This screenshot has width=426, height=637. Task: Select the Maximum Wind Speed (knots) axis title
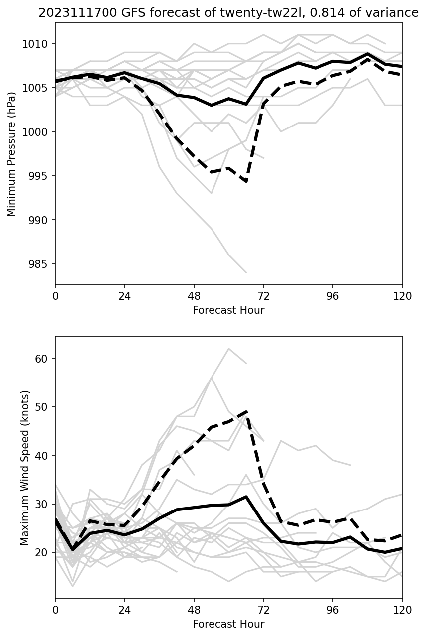tap(25, 468)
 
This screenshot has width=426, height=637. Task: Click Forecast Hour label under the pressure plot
tap(228, 310)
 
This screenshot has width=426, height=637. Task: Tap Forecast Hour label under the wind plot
tap(228, 624)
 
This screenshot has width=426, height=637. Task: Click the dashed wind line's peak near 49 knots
tap(246, 412)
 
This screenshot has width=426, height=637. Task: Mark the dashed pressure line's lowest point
tap(246, 182)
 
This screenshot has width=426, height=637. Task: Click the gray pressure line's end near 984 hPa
tap(246, 272)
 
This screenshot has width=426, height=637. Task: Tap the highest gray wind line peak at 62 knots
tap(229, 349)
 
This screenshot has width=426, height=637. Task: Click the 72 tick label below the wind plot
tap(263, 610)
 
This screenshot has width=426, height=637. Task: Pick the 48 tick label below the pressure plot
tap(194, 296)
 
